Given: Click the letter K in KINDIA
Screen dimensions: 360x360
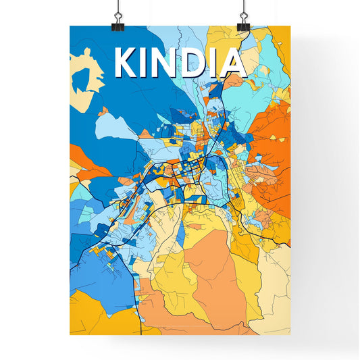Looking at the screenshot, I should tap(127, 63).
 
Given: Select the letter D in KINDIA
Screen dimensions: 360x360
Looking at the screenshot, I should tap(192, 63).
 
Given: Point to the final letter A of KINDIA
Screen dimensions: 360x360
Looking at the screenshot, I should tap(232, 63).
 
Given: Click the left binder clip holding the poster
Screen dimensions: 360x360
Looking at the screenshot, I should tap(117, 22).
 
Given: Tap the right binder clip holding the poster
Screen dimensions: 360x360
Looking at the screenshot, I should tap(243, 22).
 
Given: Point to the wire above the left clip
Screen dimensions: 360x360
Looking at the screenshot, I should tap(117, 5).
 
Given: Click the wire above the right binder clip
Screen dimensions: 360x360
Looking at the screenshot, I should tap(243, 5).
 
